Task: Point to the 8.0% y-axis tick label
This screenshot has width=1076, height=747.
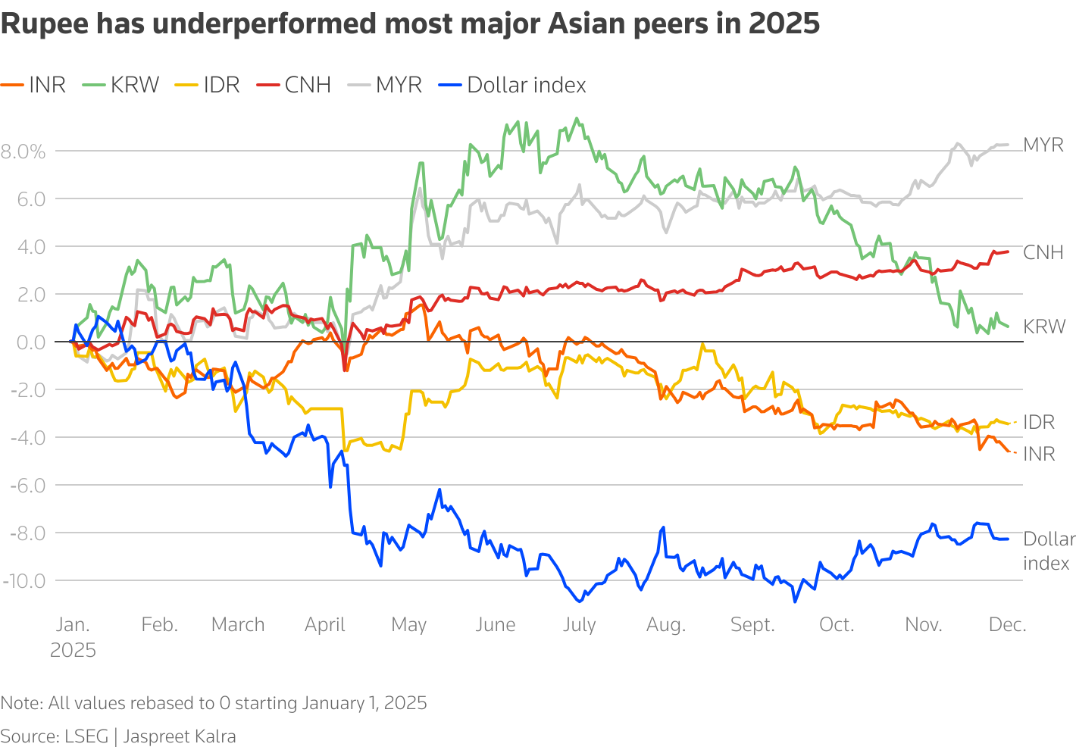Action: coord(23,152)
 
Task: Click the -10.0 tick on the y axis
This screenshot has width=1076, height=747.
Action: coord(23,581)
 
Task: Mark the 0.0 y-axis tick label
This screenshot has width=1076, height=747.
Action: coord(30,342)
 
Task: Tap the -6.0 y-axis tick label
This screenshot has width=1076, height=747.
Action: coord(27,485)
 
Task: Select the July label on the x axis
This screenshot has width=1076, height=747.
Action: coord(579,625)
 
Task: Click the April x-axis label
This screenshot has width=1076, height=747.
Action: coord(324,625)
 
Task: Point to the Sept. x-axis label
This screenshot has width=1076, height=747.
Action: coord(752,625)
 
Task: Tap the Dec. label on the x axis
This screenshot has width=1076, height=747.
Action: coord(1008,625)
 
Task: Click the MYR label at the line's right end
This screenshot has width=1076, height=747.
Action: coord(1043,145)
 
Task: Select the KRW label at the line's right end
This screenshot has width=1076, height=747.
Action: coord(1044,327)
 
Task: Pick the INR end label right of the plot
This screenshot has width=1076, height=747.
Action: coord(1039,454)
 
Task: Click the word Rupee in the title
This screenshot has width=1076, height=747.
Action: coord(44,24)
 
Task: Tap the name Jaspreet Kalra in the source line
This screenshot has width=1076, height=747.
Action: coord(180,736)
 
